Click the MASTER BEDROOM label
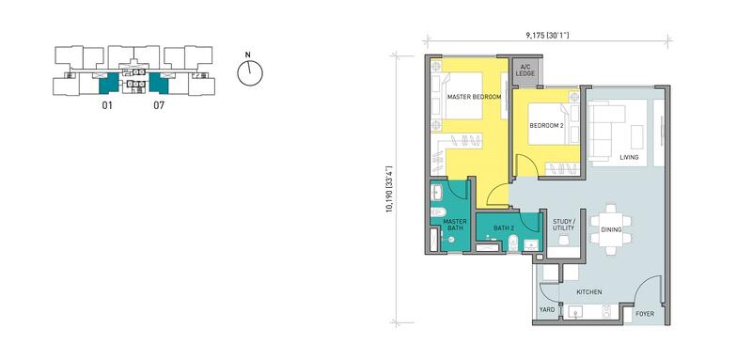[x=474, y=97]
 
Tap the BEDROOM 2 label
[x=546, y=126]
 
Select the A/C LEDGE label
[x=525, y=70]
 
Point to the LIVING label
[x=629, y=157]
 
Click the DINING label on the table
[x=611, y=230]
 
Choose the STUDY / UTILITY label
[x=563, y=225]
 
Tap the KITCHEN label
[x=589, y=292]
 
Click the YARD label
[x=547, y=309]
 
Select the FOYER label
[x=645, y=314]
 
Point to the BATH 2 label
[x=504, y=228]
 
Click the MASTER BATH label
[x=455, y=225]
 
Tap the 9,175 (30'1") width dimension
[x=547, y=35]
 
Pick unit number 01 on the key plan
[x=107, y=105]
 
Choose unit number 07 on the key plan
[x=159, y=105]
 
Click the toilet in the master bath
[x=438, y=211]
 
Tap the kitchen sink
[x=575, y=312]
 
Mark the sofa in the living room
[x=606, y=130]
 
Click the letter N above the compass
[x=247, y=55]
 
